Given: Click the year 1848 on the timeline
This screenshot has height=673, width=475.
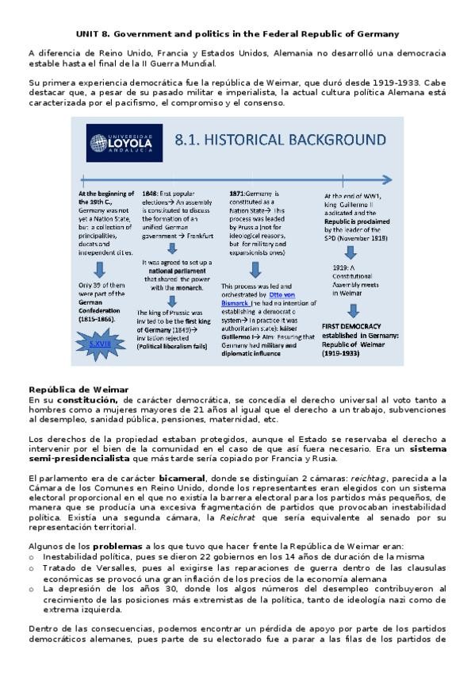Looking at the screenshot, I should pos(150,193).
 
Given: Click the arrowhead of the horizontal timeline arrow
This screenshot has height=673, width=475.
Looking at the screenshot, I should pos(385,180).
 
